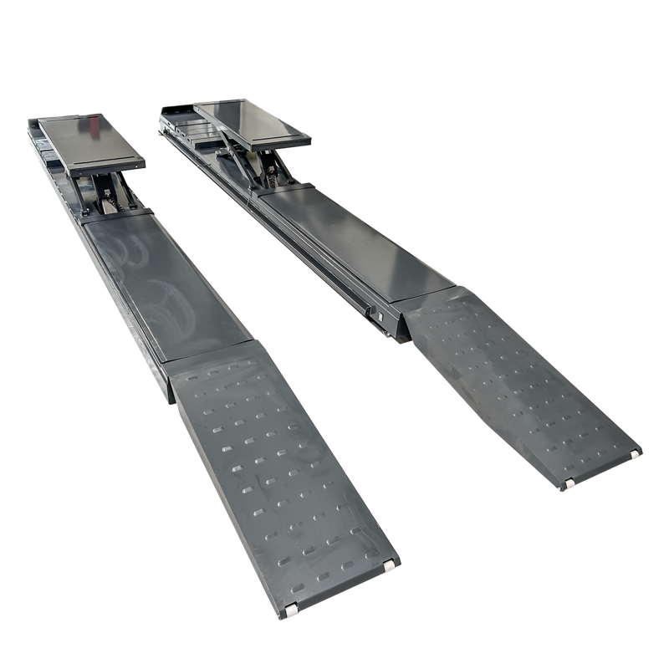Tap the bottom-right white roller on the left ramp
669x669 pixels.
point(390,566)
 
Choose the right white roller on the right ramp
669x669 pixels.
point(635,454)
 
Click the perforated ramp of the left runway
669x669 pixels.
point(276,468)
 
